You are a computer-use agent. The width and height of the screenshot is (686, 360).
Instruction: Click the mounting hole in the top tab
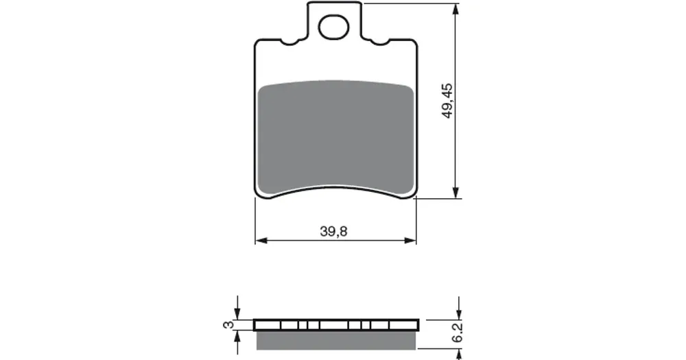[334, 27]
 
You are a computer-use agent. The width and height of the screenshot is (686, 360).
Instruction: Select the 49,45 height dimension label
[447, 101]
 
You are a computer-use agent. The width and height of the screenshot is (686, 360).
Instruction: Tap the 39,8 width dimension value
[333, 231]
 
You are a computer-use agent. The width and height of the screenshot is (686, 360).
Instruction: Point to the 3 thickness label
[228, 324]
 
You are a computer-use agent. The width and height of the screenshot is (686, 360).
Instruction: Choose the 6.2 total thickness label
[457, 334]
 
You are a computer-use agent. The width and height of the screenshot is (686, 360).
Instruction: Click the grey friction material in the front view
[335, 136]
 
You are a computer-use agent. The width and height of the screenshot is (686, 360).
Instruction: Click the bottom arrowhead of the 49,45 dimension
[456, 192]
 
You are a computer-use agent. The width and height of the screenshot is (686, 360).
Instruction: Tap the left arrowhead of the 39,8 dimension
[261, 240]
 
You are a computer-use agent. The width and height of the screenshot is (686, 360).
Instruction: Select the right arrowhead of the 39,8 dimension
[410, 240]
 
